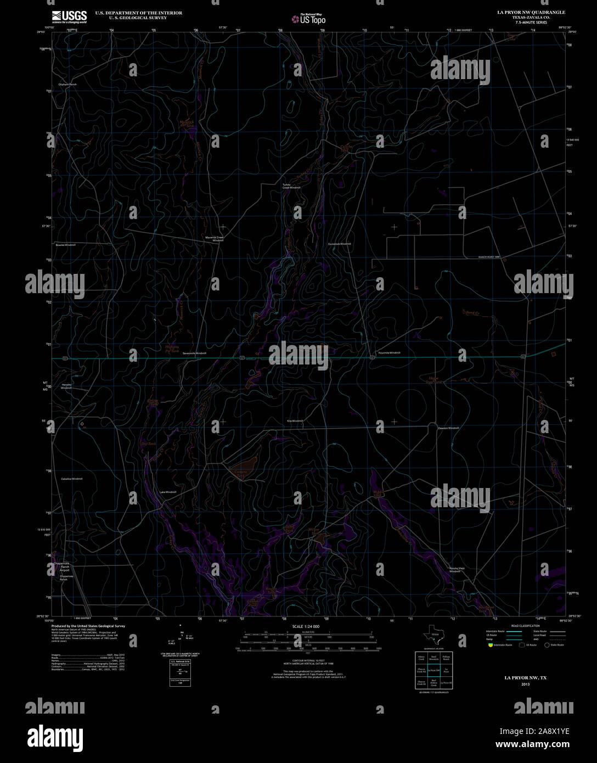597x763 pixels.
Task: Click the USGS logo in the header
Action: point(69,16)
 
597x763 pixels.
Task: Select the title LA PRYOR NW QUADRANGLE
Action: point(523,12)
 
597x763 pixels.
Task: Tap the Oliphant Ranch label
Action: point(68,85)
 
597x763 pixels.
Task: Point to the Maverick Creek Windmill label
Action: point(215,239)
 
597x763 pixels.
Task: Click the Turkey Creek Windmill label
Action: point(291,186)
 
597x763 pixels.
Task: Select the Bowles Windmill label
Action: point(65,245)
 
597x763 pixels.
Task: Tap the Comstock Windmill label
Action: point(339,244)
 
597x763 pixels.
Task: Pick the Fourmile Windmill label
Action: point(390,353)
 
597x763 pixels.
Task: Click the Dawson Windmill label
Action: point(448,428)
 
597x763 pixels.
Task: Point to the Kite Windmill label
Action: point(295,420)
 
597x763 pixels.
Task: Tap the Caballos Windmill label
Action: point(72,479)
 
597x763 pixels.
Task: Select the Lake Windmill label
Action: point(168,492)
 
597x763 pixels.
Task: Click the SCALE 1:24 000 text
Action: point(306,626)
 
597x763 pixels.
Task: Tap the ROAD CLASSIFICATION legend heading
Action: point(525,626)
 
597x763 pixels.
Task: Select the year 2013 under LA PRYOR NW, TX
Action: point(525,685)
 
